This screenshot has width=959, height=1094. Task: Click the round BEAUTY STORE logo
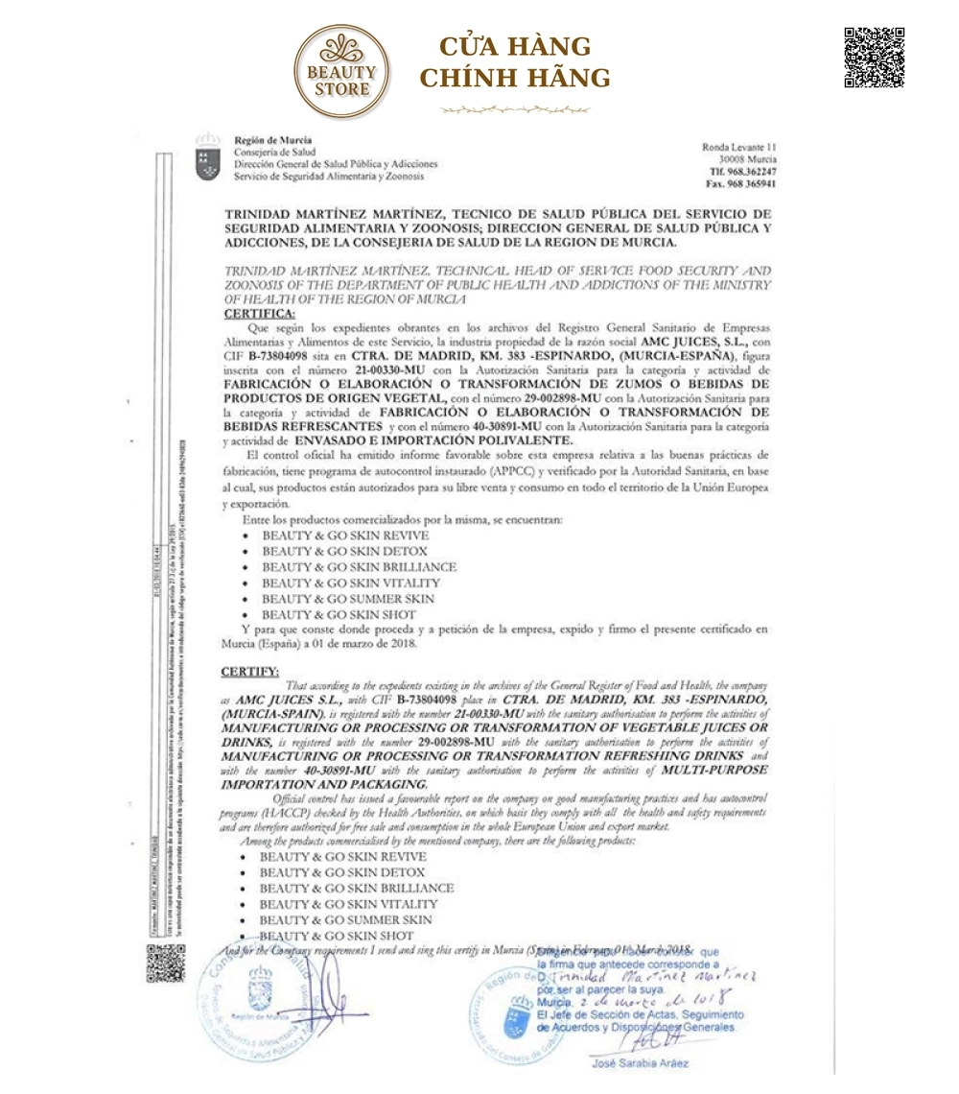coord(342,73)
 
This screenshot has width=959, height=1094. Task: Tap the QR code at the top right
coord(874,58)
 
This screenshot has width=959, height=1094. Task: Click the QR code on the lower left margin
coord(165,963)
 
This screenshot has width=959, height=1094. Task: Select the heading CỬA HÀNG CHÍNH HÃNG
coord(515,62)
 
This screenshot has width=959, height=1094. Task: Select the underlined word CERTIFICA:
coord(260,314)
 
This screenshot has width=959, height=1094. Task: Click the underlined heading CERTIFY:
coord(251,670)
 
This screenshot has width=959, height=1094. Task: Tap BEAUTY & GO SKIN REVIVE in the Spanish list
coord(345,535)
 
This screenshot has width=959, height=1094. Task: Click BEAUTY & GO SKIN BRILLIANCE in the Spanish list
coord(359,567)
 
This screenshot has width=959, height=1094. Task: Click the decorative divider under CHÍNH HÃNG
coord(515,109)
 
